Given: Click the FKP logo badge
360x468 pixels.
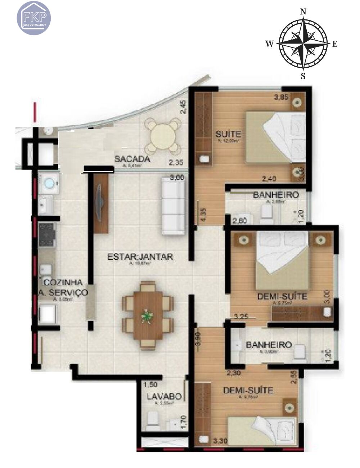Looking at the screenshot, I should coord(34,17).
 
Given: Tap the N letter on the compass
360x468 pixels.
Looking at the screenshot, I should coord(303,12).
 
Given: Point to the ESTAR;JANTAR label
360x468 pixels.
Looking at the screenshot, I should coord(140,257).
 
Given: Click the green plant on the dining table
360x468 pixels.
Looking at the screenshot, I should coord(147,316).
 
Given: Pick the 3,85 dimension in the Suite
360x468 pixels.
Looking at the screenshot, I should coord(281,97).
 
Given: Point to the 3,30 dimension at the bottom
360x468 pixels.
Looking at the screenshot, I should coord(221,440).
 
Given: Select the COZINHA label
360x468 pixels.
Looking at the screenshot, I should coord(63,283).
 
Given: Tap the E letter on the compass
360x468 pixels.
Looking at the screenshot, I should coord(334,44).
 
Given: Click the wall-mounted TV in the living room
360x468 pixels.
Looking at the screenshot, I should coord(99,202).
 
